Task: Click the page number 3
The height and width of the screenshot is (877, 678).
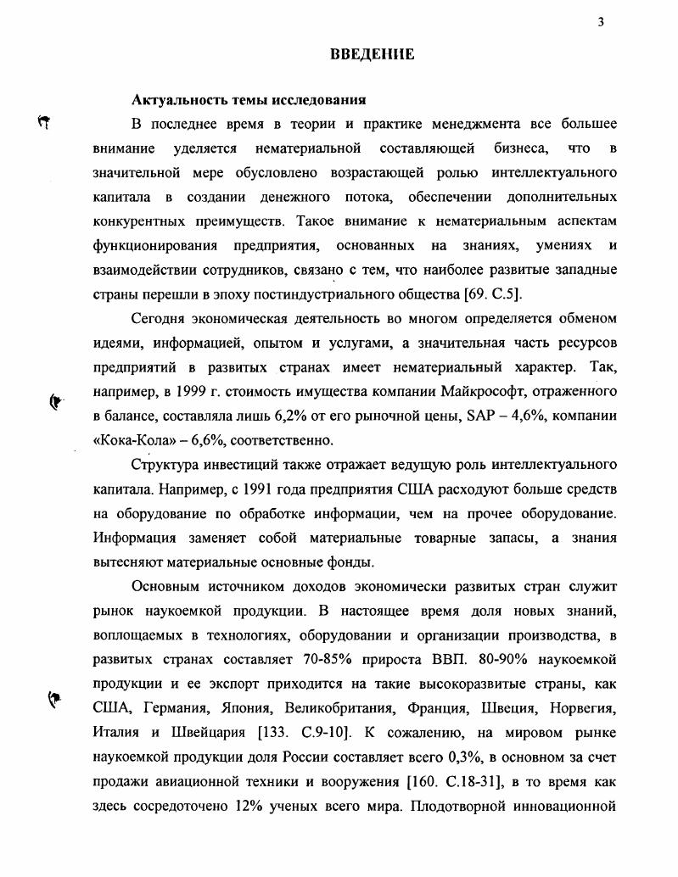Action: [600, 23]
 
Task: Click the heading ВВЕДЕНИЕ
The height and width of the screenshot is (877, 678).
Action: [373, 55]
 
